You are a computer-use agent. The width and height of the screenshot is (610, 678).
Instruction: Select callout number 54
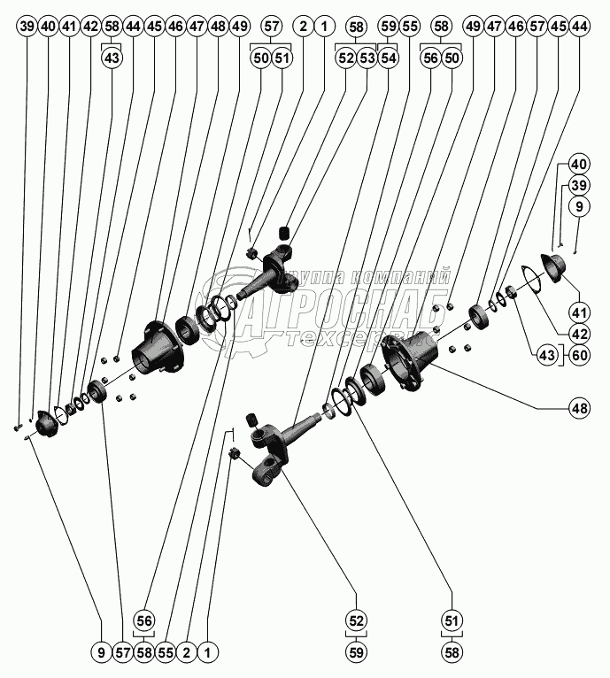pos(388,58)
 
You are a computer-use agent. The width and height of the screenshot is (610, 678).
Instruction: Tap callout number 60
pos(580,354)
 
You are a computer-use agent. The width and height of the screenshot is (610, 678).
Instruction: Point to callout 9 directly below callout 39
pos(578,206)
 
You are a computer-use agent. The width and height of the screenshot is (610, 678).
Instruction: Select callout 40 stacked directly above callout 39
pos(578,164)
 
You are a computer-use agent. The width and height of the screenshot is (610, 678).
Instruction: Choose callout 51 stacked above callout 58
pos(452,620)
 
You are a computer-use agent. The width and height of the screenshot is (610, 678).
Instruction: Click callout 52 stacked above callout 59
pos(357,620)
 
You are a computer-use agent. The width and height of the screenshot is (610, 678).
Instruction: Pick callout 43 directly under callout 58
pos(112,58)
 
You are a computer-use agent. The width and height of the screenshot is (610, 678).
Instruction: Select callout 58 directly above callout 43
pos(112,27)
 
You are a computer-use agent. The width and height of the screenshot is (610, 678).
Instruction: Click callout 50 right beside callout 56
pos(452,58)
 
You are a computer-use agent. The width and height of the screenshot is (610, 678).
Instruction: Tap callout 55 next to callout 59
pos(409,27)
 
